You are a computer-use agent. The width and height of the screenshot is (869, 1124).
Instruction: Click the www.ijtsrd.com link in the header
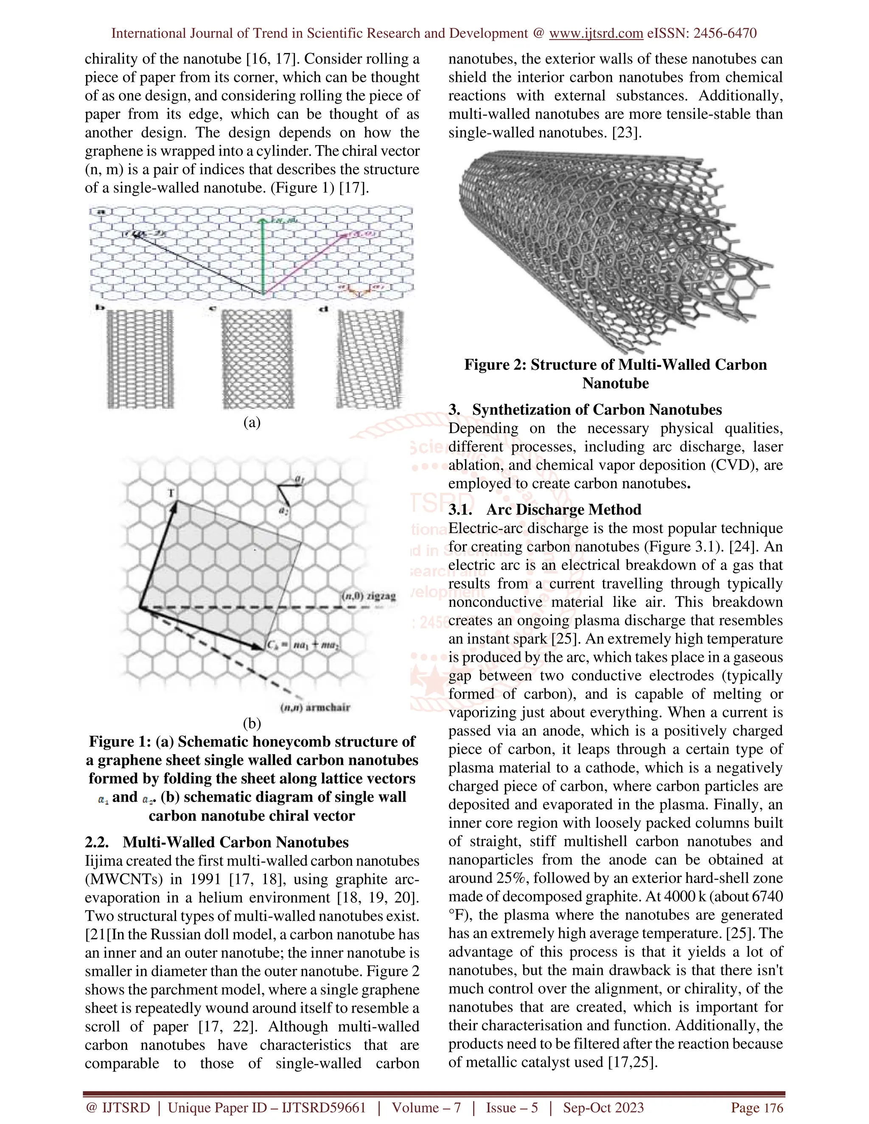pos(596,34)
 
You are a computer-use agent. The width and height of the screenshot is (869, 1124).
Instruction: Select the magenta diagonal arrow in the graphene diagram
pos(304,265)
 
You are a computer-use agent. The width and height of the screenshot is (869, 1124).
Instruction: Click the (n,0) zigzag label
pos(369,596)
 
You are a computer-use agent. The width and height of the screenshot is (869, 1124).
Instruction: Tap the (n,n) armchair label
pos(315,707)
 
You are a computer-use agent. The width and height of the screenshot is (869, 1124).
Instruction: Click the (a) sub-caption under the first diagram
pos(252,422)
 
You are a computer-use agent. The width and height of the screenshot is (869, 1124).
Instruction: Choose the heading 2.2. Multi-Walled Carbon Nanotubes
pos(217,842)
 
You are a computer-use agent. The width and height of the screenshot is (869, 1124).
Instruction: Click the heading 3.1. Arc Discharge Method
pos(545,509)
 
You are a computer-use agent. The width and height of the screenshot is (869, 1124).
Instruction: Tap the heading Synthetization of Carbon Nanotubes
pos(597,410)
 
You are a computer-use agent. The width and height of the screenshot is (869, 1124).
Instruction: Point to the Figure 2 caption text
pos(615,374)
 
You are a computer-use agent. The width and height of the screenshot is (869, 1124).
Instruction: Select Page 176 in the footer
pos(757,1107)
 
